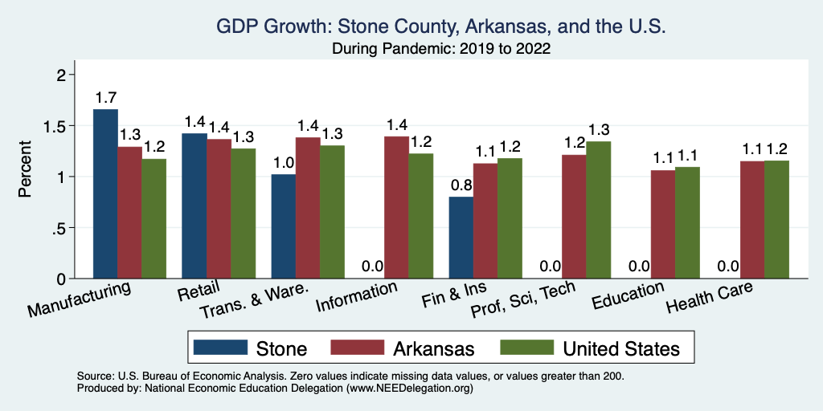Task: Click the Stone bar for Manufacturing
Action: pyautogui.click(x=105, y=193)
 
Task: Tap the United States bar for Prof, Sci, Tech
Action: pyautogui.click(x=598, y=210)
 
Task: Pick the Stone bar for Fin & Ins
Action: pyautogui.click(x=461, y=238)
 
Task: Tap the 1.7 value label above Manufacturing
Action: pyautogui.click(x=105, y=98)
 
